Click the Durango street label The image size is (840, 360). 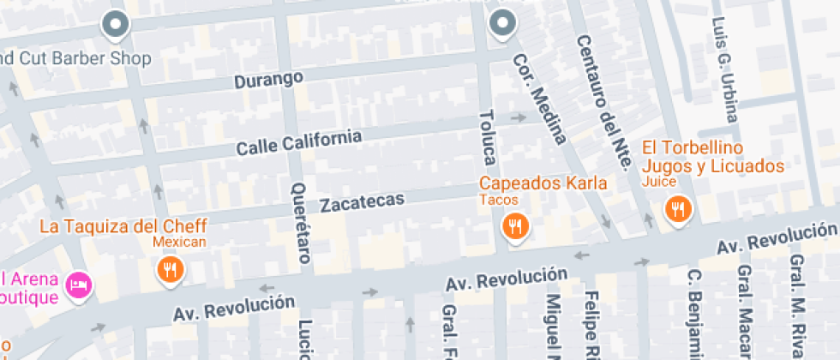(269, 79)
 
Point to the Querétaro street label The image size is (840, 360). (299, 222)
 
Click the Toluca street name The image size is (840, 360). (488, 137)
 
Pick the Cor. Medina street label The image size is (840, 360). (540, 98)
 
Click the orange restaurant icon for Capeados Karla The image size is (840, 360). (515, 226)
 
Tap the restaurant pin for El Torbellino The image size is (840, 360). (678, 208)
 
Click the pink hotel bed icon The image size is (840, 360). (80, 285)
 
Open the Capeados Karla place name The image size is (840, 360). (543, 183)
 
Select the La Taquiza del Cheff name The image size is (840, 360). (124, 226)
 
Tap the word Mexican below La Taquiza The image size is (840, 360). (180, 243)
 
